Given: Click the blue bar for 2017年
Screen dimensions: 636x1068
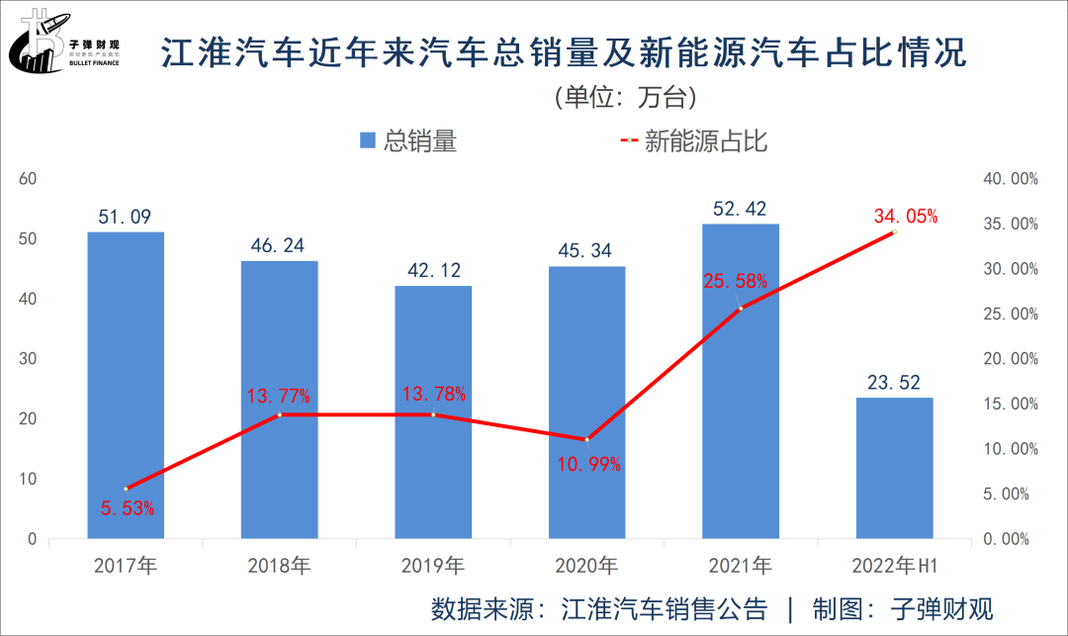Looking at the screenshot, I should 126,386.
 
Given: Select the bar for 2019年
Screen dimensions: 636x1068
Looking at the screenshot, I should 433,412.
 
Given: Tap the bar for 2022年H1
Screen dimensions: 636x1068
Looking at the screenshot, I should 894,468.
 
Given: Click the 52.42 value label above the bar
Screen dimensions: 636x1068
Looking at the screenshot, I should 740,209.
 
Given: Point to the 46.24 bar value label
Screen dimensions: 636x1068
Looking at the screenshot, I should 279,245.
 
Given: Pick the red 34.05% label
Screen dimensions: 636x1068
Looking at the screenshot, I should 906,216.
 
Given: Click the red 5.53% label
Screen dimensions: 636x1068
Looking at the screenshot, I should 128,508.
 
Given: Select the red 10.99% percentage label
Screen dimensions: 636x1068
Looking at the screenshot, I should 588,464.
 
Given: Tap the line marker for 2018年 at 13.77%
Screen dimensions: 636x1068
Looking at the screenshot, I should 280,414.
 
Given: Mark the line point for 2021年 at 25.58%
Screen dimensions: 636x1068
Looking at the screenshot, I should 741,309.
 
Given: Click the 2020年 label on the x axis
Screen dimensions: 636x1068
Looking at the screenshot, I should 586,567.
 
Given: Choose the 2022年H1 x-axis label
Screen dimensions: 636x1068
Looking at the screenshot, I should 892,567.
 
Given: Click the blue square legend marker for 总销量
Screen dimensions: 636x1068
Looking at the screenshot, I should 368,141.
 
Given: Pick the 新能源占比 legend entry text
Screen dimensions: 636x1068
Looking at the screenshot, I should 706,141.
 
